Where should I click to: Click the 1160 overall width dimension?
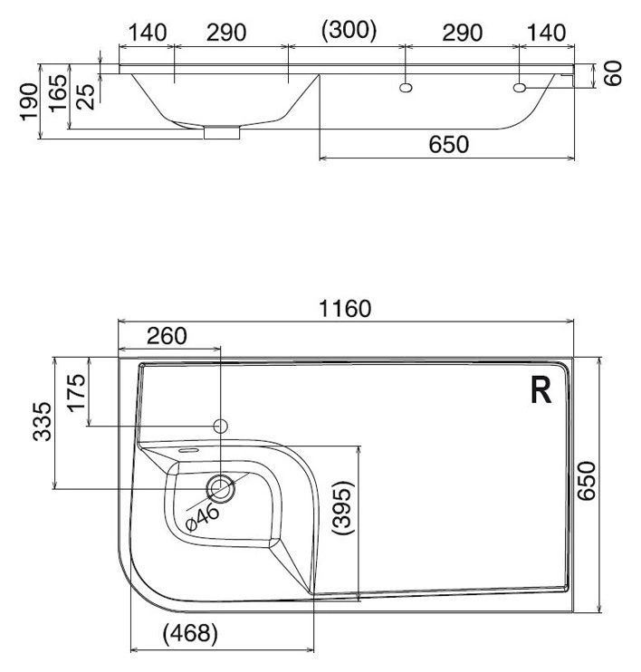click(345, 309)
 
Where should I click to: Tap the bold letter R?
click(541, 389)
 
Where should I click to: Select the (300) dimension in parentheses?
click(349, 31)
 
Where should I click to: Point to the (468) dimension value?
click(190, 632)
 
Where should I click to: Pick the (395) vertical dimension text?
click(344, 507)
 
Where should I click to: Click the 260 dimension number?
click(167, 336)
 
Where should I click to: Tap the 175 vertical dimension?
click(77, 392)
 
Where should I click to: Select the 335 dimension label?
click(43, 421)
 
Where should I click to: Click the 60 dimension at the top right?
click(613, 73)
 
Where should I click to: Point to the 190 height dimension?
click(29, 102)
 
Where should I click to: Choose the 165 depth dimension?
click(58, 93)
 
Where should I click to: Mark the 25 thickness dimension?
click(86, 97)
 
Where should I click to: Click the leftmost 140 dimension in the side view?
click(147, 33)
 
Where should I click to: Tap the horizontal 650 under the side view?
click(449, 144)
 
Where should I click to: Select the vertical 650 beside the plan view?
click(586, 480)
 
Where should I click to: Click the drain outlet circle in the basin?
click(221, 488)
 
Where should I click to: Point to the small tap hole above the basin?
click(221, 426)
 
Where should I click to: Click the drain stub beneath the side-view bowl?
click(222, 132)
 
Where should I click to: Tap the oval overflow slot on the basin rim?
click(187, 450)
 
